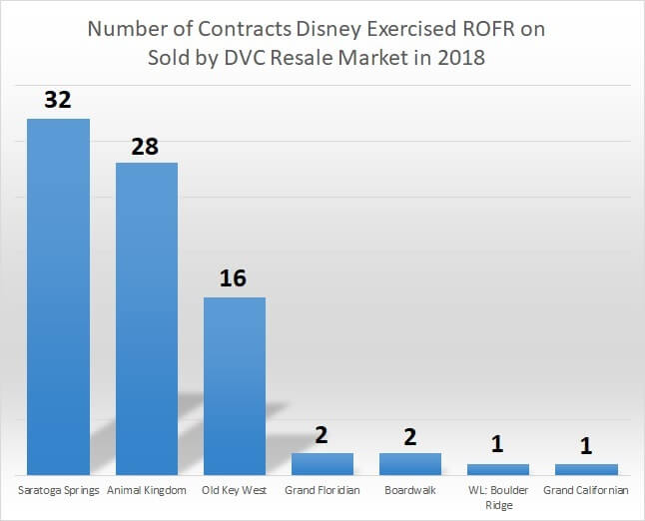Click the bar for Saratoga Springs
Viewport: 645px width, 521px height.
click(x=58, y=296)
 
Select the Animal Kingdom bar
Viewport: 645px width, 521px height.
click(x=147, y=318)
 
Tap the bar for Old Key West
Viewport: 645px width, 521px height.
click(x=235, y=385)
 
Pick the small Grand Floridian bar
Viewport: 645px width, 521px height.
click(x=322, y=463)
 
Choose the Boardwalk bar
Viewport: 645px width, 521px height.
click(x=410, y=463)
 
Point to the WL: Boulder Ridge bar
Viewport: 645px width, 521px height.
click(x=498, y=468)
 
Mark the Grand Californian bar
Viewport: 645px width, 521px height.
click(x=586, y=468)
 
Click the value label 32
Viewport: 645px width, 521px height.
click(x=58, y=101)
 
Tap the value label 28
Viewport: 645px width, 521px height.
click(x=146, y=145)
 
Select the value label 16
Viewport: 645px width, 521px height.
click(x=234, y=278)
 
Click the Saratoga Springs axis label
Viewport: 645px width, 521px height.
click(x=58, y=491)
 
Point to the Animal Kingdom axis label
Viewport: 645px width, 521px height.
click(x=147, y=491)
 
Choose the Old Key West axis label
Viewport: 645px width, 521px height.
click(x=235, y=491)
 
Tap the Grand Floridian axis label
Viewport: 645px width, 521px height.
click(x=322, y=491)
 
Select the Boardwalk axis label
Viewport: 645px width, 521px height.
click(x=410, y=491)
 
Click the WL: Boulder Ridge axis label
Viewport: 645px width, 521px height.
click(x=498, y=498)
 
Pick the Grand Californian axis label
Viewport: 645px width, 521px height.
click(x=586, y=491)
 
